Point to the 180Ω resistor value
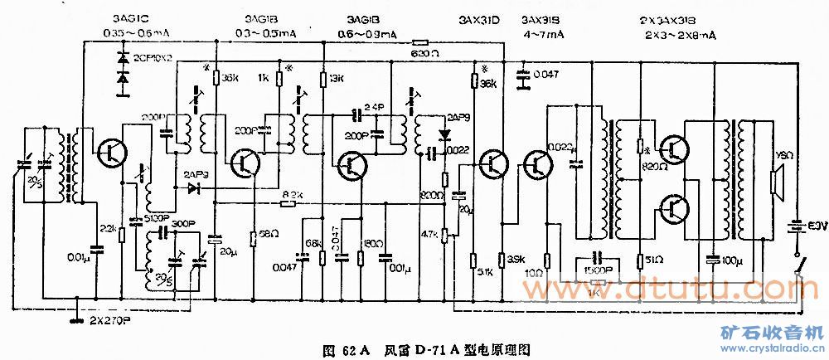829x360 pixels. tap(371, 243)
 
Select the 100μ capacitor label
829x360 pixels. tap(731, 261)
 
